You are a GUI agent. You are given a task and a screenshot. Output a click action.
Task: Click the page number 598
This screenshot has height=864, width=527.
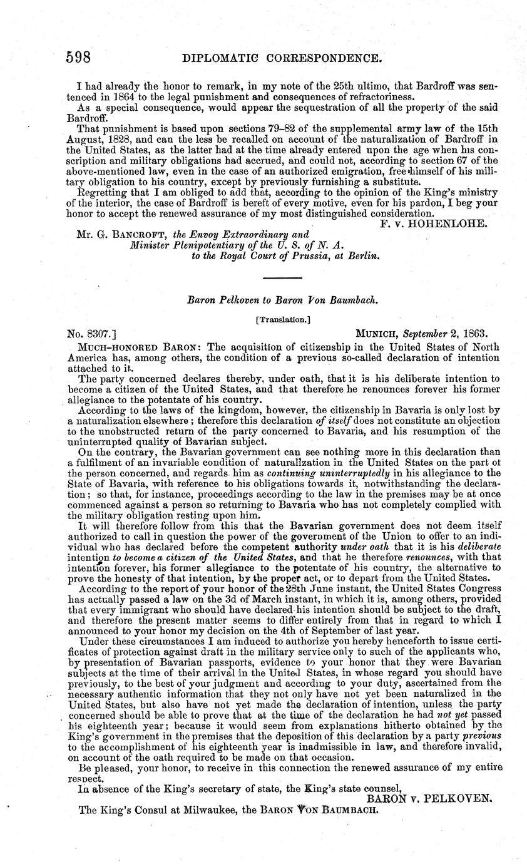tap(79, 58)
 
